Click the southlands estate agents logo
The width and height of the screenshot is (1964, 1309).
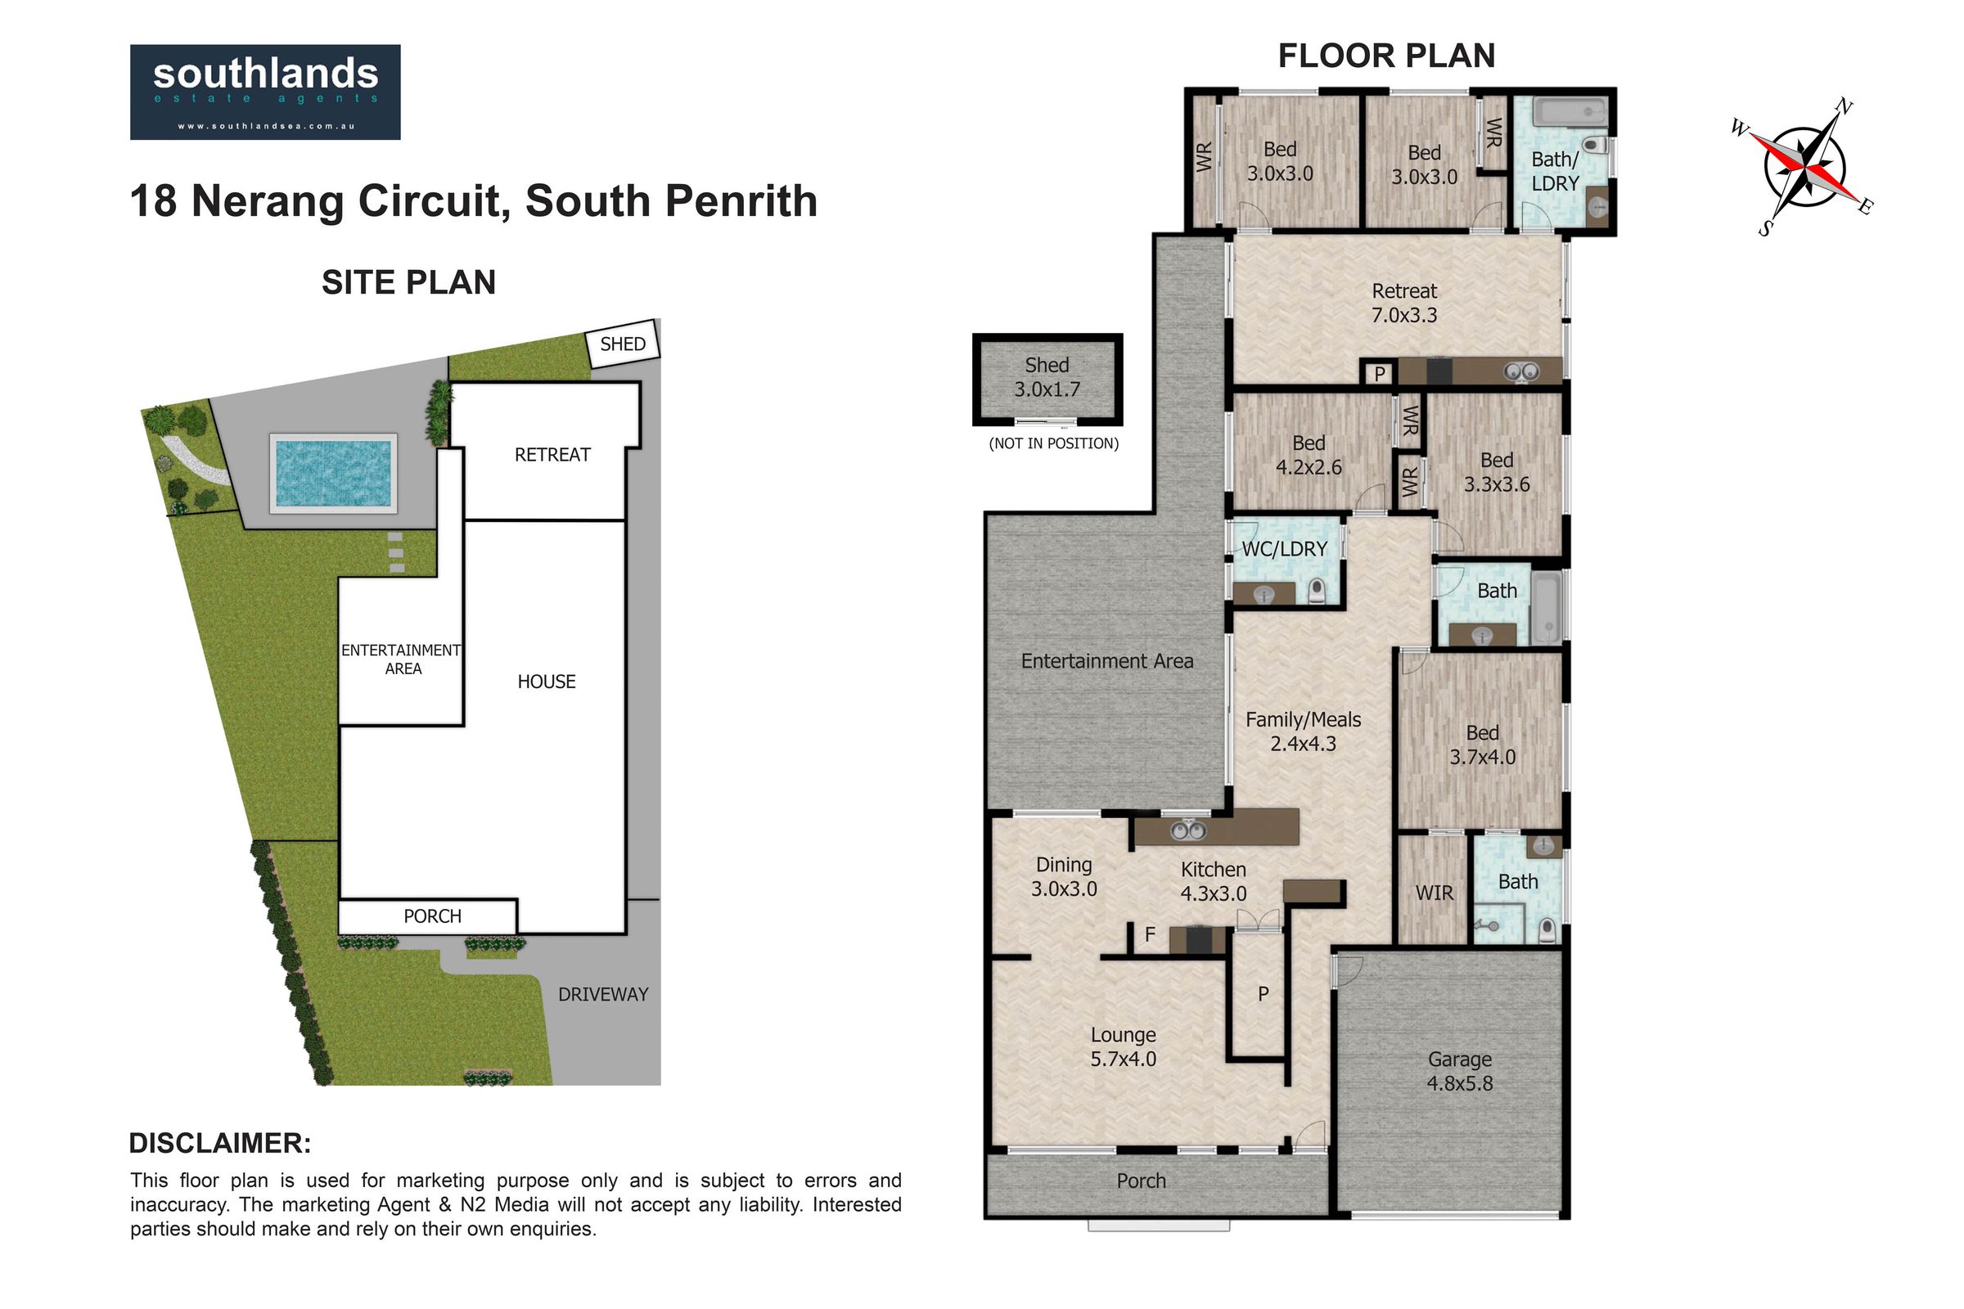point(264,92)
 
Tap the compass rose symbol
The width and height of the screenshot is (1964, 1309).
point(1804,167)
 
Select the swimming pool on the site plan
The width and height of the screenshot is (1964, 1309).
point(333,474)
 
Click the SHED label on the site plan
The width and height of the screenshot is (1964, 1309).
point(623,344)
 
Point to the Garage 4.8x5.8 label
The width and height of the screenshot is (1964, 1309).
point(1460,1071)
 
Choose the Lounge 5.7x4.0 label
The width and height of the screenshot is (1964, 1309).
point(1123,1047)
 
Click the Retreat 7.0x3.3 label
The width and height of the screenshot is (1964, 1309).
point(1404,303)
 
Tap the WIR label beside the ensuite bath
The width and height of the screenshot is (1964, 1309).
point(1435,893)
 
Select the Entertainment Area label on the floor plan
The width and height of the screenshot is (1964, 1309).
point(1107,661)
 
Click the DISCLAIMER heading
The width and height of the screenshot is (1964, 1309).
point(220,1143)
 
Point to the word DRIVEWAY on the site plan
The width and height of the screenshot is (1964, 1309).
point(603,994)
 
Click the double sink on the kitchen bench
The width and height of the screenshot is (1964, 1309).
point(1188,830)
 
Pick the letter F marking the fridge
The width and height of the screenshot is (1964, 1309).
point(1150,935)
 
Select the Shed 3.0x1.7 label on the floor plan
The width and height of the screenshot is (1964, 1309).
point(1047,377)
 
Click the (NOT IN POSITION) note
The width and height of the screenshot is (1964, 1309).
point(1054,443)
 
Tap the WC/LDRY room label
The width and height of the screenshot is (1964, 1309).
point(1284,549)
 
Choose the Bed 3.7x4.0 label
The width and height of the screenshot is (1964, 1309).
point(1482,744)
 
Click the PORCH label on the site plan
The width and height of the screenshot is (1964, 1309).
point(433,916)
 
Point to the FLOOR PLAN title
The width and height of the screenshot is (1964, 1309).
point(1386,56)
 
